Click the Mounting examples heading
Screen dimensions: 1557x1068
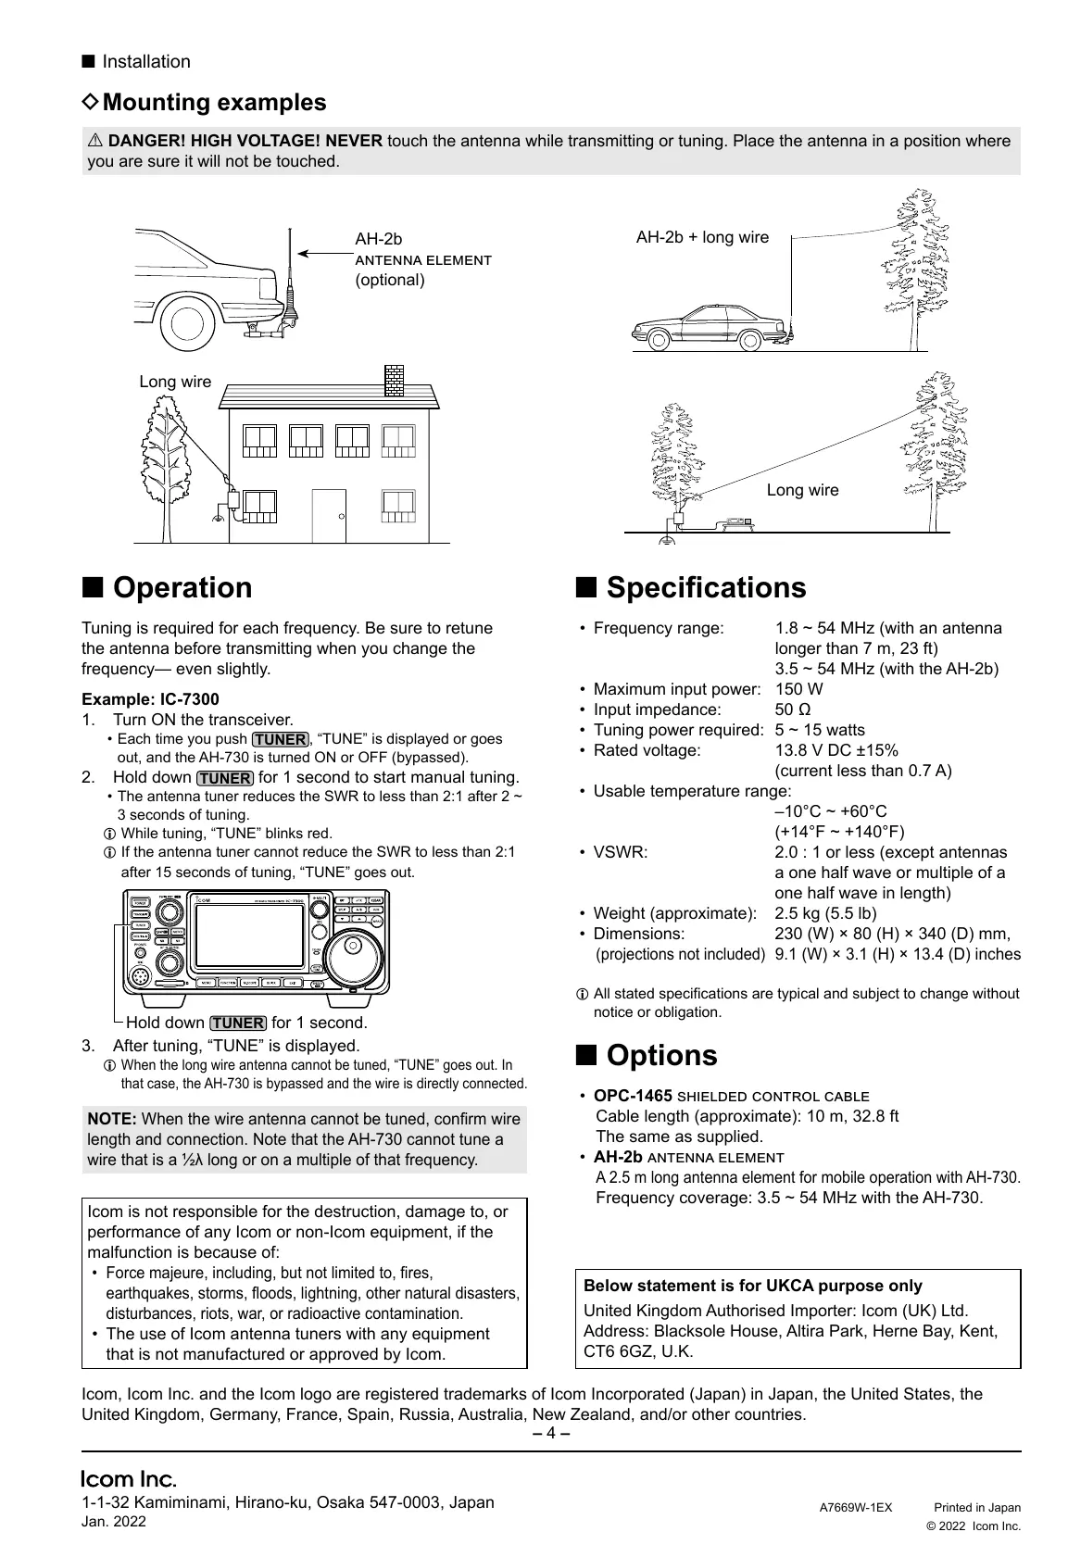(x=214, y=102)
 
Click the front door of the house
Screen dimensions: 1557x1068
(x=329, y=516)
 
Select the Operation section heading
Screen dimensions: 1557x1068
(x=182, y=588)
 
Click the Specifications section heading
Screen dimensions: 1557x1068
(x=706, y=588)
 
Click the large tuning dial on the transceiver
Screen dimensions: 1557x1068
(x=356, y=955)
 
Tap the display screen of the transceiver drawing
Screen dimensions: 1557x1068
(x=247, y=939)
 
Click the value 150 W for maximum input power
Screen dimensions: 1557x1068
(x=798, y=689)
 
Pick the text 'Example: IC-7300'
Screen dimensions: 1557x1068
(x=150, y=699)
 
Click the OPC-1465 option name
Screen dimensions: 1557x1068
(x=633, y=1096)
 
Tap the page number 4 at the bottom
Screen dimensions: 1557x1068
(x=550, y=1433)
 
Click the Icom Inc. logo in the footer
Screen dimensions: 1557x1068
(x=129, y=1478)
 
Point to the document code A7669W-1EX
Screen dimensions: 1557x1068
(x=856, y=1507)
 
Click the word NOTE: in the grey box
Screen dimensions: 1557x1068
(x=112, y=1119)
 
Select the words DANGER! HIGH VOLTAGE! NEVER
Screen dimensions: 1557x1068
(x=245, y=141)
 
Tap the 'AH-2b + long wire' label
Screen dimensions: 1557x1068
(x=702, y=237)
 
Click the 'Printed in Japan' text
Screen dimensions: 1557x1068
(x=976, y=1507)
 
